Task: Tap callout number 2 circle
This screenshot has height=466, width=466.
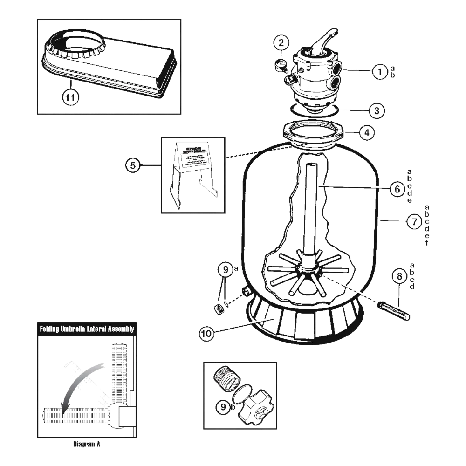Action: point(281,43)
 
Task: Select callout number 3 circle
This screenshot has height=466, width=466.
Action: point(377,110)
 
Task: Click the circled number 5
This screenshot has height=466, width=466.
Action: point(133,165)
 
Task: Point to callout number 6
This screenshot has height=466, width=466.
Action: point(397,189)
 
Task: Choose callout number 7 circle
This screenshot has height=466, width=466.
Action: point(414,222)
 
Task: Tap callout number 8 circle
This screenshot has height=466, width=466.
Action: point(399,276)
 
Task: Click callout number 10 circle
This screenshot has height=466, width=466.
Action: point(206,333)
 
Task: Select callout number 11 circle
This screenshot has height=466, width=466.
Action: point(70,97)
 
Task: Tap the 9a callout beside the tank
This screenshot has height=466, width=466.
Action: point(226,269)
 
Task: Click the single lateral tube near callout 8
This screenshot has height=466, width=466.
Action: point(395,311)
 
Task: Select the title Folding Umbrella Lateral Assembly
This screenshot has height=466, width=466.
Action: point(87,329)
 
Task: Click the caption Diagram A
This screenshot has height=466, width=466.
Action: point(87,444)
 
